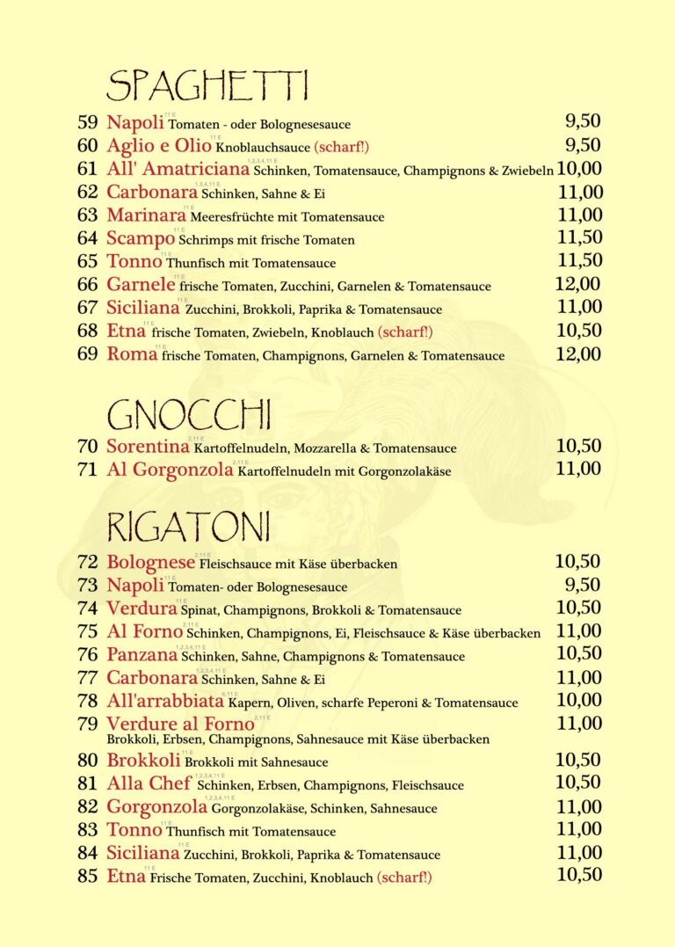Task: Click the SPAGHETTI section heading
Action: click(x=207, y=86)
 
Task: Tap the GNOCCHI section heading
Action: click(x=188, y=413)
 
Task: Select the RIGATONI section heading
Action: click(x=188, y=527)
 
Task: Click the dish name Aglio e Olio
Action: click(x=159, y=146)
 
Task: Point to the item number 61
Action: click(x=87, y=169)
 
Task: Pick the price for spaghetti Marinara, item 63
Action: click(x=580, y=215)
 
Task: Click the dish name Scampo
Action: click(x=141, y=238)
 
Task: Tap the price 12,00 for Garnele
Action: click(x=578, y=284)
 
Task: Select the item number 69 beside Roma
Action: click(x=87, y=354)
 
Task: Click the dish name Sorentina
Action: click(x=149, y=447)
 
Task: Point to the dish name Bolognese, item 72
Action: click(x=151, y=562)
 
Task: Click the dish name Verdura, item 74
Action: click(x=142, y=608)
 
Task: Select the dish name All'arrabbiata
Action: click(x=165, y=702)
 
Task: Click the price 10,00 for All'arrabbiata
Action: click(x=579, y=701)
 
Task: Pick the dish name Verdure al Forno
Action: click(x=180, y=725)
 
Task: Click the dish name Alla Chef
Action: click(x=149, y=783)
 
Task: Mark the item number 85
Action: click(x=87, y=876)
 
